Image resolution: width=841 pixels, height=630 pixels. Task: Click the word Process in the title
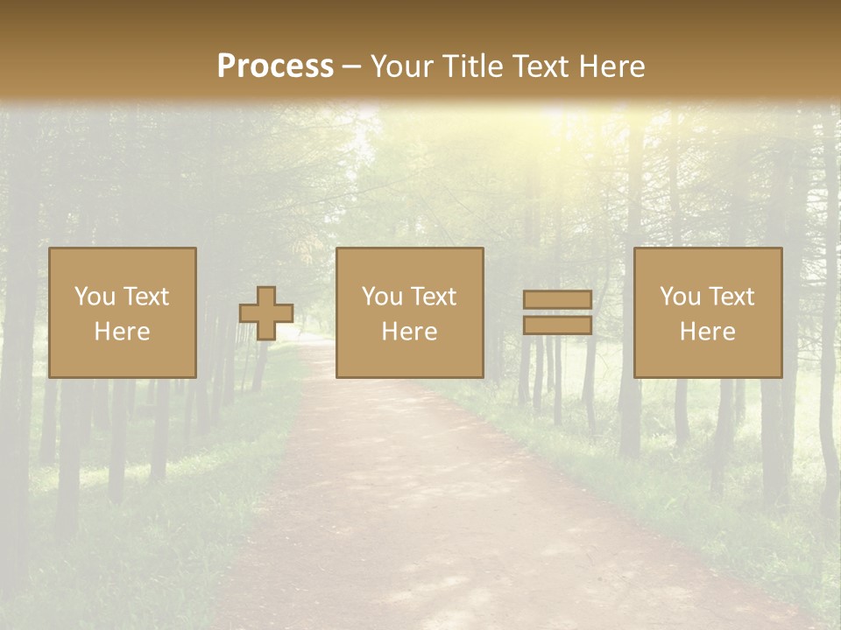pyautogui.click(x=275, y=66)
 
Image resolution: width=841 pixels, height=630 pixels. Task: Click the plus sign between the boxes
pyautogui.click(x=266, y=313)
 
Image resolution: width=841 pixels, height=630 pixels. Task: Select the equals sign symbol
pyautogui.click(x=557, y=312)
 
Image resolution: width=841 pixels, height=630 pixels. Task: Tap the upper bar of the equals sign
pyautogui.click(x=557, y=300)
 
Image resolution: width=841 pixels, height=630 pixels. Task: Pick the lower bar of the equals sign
pyautogui.click(x=557, y=325)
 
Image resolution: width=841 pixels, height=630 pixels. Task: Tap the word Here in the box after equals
pyautogui.click(x=708, y=332)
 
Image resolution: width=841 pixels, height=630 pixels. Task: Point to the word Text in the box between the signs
pyautogui.click(x=434, y=297)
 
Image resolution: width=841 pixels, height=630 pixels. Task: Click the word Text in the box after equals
pyautogui.click(x=731, y=297)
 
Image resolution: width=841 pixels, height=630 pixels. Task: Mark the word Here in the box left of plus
pyautogui.click(x=123, y=332)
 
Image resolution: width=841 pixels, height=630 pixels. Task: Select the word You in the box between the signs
pyautogui.click(x=382, y=297)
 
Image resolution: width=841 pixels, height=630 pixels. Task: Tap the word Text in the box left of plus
pyautogui.click(x=146, y=297)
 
